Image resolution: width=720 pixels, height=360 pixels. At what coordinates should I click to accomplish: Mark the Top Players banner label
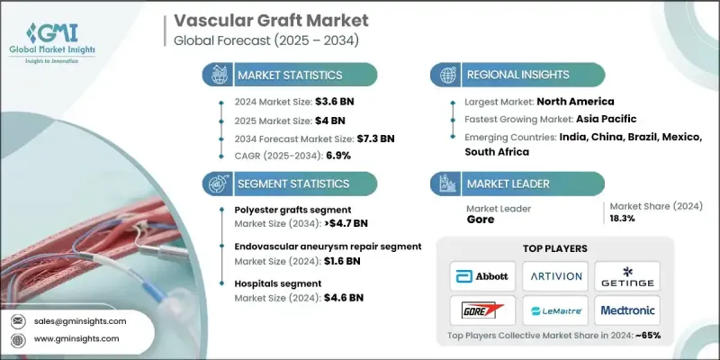pos(554,247)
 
